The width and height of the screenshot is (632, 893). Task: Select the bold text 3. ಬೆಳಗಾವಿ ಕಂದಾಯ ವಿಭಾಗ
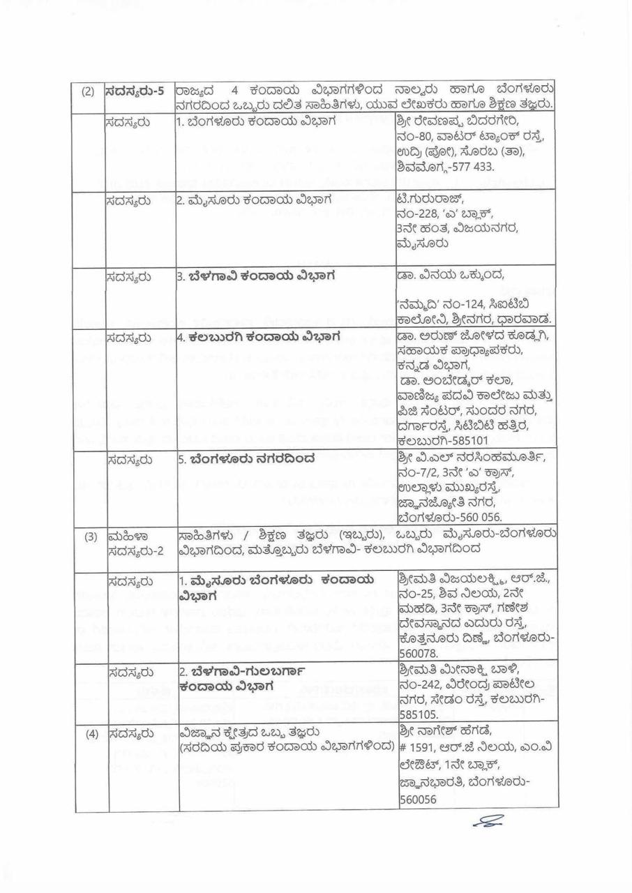click(x=255, y=275)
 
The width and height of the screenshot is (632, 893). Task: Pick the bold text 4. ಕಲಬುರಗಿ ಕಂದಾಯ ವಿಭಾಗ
click(x=257, y=337)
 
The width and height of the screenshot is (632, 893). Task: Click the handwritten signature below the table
click(x=489, y=823)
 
